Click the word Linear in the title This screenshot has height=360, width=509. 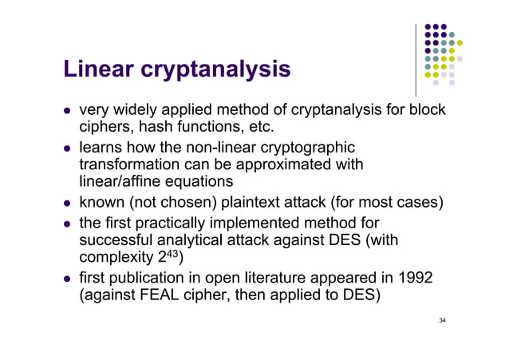(101, 71)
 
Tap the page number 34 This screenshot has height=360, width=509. (443, 320)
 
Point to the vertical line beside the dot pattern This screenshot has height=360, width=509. (416, 59)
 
